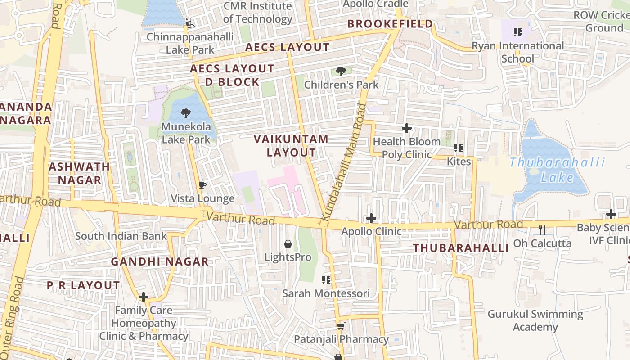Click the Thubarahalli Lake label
557,170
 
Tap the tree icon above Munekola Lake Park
185,113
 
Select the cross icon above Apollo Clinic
371,218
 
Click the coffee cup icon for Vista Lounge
202,185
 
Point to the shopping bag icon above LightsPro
288,244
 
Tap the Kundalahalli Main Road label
349,162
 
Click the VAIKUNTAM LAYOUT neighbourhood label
291,145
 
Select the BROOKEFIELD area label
390,24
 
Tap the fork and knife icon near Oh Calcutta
542,230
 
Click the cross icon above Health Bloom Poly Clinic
407,128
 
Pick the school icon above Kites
459,148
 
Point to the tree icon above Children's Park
341,71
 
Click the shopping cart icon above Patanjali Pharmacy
341,326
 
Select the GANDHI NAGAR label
160,261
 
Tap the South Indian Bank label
121,236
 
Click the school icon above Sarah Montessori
326,280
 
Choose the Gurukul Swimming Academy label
535,320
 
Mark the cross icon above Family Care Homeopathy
144,297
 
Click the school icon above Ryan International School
518,32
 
